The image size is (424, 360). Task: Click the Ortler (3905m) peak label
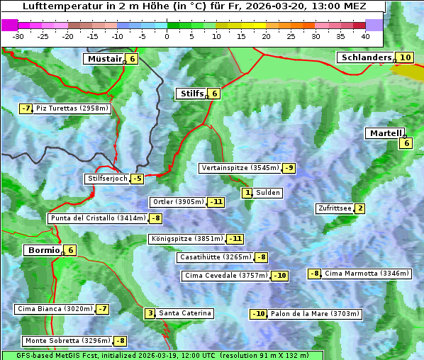178,202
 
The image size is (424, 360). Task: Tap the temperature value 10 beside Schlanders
405,58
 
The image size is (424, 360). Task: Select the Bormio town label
42,250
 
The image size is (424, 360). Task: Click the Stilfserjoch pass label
107,179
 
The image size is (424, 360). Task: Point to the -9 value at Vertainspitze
289,168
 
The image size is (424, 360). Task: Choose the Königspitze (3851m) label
186,239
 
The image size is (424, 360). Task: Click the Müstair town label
104,59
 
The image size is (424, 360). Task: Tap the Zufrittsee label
334,208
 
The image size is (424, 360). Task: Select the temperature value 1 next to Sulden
247,193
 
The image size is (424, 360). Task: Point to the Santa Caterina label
185,313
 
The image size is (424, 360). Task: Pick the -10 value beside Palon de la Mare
259,314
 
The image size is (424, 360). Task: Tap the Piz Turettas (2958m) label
72,108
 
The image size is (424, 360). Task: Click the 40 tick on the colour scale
365,36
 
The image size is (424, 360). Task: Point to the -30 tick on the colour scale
18,36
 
